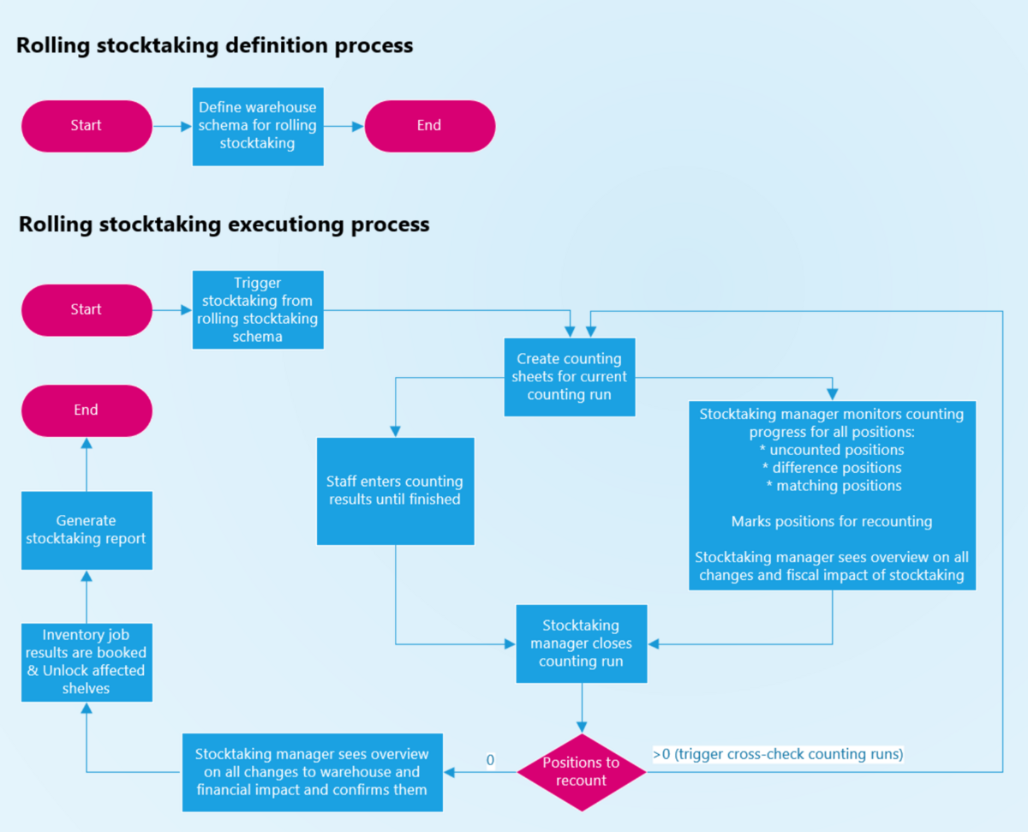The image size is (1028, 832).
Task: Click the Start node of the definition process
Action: pos(87,126)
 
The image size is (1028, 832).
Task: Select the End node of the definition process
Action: pos(429,126)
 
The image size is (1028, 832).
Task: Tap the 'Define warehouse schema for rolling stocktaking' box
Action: pos(258,126)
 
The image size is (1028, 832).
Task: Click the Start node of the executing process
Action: pos(87,309)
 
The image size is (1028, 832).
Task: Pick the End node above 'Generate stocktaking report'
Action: pos(87,410)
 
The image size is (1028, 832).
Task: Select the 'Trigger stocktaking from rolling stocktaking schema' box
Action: pos(258,309)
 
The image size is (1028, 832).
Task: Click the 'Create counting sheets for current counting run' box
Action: pos(570,377)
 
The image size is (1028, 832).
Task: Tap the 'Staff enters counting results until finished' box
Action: pos(395,491)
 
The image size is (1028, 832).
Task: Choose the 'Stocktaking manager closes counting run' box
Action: pos(582,643)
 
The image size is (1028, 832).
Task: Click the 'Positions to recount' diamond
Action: pos(582,772)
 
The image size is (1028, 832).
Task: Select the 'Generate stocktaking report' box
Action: pos(87,530)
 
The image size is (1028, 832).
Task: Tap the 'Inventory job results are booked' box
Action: pos(87,661)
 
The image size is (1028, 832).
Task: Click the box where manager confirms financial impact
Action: pos(312,772)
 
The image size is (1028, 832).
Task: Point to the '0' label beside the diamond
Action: pos(490,759)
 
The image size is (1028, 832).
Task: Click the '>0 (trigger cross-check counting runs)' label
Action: pos(778,754)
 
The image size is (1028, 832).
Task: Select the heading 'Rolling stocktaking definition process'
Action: pos(214,45)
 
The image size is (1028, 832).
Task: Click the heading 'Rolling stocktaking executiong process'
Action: pos(224,224)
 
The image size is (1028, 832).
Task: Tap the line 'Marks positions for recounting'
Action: pos(831,521)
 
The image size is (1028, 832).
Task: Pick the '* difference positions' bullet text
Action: pos(831,468)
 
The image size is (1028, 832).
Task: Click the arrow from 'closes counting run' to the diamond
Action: pos(582,708)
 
